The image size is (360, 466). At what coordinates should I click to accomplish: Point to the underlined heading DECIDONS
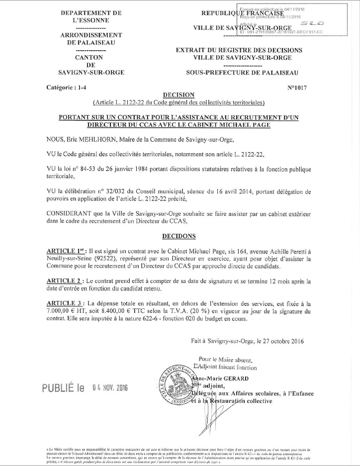(x=179, y=235)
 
